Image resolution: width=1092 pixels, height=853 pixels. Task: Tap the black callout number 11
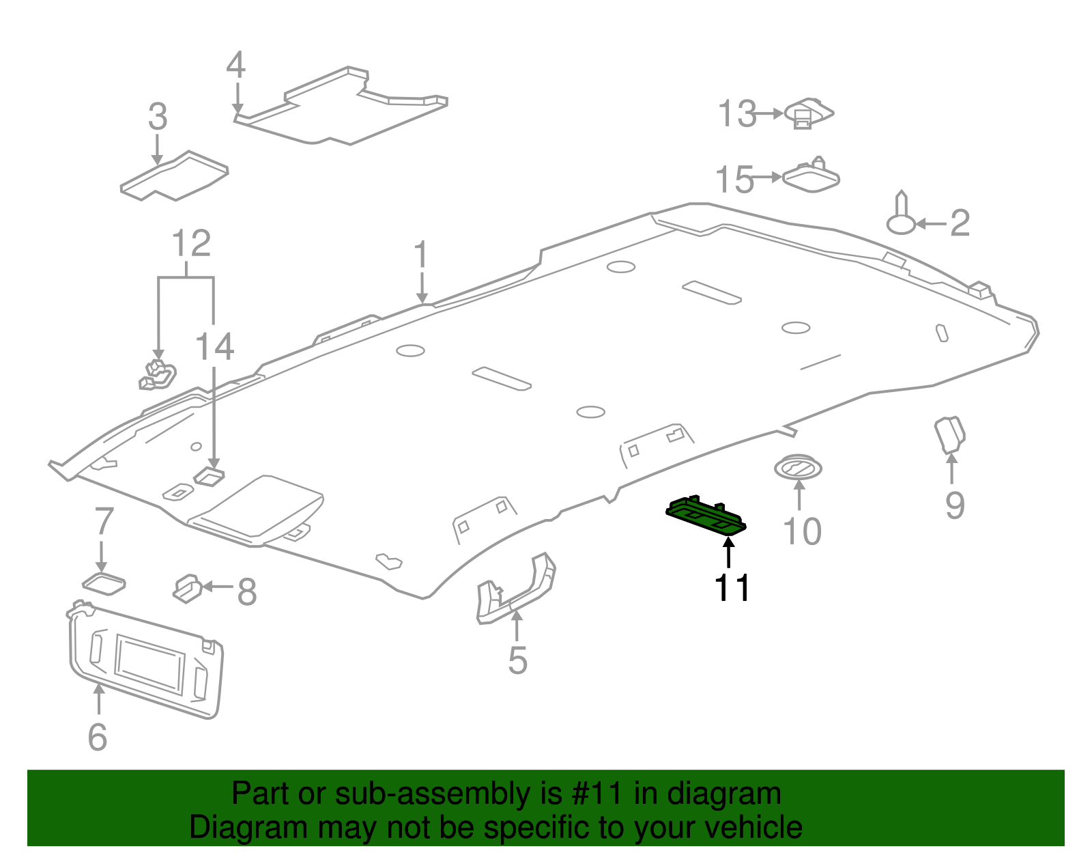click(x=732, y=588)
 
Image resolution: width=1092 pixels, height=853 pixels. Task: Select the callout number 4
click(x=235, y=66)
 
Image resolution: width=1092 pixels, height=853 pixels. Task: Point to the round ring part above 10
click(x=797, y=469)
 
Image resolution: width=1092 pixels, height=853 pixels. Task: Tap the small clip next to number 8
click(x=186, y=588)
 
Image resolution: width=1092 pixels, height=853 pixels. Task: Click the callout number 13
click(x=737, y=114)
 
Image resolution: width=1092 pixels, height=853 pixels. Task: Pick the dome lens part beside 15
click(x=811, y=177)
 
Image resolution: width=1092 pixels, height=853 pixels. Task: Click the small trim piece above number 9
click(x=949, y=435)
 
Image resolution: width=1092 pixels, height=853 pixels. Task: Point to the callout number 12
click(x=191, y=243)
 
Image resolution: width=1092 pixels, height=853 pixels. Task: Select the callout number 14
click(x=215, y=347)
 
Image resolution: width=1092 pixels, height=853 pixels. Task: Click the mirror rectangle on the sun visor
click(x=150, y=662)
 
